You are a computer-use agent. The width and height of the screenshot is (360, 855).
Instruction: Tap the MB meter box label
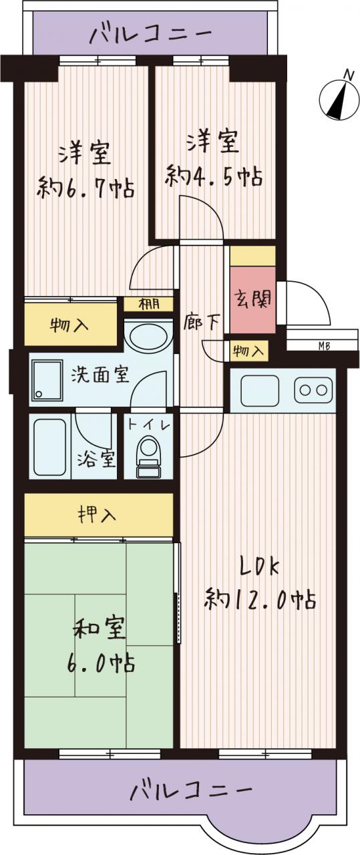tap(324, 346)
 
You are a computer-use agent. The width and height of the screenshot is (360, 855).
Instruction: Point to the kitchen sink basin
tap(260, 391)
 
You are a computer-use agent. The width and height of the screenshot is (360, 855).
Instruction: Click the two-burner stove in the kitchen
tap(313, 390)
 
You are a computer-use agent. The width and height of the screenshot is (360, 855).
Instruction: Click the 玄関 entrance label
tap(252, 299)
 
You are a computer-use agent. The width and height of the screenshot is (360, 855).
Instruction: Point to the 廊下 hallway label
tap(201, 323)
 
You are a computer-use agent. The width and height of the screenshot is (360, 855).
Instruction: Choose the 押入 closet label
tap(97, 515)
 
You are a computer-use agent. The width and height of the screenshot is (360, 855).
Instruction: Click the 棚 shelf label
tap(149, 304)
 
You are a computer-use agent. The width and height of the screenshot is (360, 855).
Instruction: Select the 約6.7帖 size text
tap(85, 188)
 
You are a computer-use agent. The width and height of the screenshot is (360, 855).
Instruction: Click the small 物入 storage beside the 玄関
tap(249, 351)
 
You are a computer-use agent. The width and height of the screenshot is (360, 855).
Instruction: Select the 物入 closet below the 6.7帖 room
tap(71, 325)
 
